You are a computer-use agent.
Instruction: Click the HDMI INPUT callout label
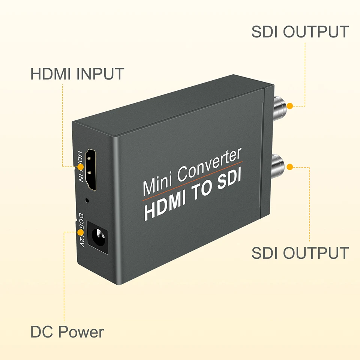[77, 74]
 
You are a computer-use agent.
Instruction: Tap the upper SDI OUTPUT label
[300, 32]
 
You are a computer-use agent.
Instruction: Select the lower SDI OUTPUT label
[300, 253]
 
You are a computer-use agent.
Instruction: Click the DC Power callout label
[67, 332]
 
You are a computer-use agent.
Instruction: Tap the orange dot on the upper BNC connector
[289, 106]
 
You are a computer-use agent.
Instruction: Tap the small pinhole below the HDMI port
[87, 200]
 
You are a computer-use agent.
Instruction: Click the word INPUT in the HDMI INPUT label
[100, 74]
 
